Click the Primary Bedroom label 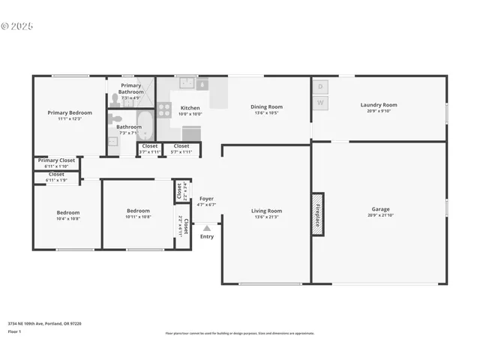point(69,112)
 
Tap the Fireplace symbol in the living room point(317,214)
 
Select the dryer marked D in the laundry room point(320,87)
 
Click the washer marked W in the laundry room point(320,103)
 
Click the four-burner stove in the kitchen point(164,110)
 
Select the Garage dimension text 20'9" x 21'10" point(380,215)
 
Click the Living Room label point(266,211)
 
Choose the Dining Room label point(266,106)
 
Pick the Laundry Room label point(379,105)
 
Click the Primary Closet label point(57,160)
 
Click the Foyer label point(206,199)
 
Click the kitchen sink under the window point(201,85)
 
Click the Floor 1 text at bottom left point(15,331)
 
